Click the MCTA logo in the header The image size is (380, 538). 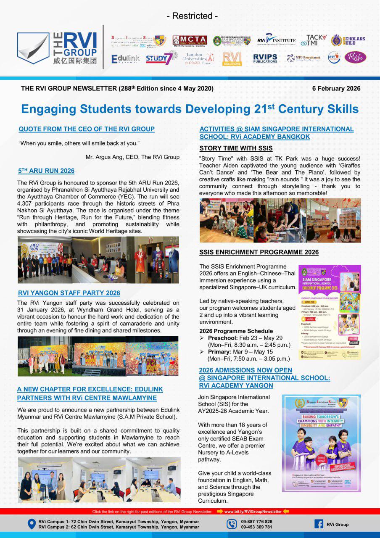tap(190, 40)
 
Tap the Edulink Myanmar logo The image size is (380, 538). tap(125, 59)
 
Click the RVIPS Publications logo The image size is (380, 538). tap(265, 58)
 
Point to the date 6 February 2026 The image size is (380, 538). tap(336, 89)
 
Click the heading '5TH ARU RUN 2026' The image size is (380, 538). tap(46, 171)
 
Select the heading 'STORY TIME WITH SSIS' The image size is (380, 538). tap(236, 148)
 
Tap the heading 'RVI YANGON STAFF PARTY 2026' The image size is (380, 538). tap(69, 293)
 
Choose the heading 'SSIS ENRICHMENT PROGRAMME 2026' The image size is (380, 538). tap(259, 252)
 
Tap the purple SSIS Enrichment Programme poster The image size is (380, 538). tap(330, 312)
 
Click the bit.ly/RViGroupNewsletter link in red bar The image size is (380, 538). tap(253, 512)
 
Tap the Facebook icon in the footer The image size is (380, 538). tap(319, 524)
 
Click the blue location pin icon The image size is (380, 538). tap(31, 524)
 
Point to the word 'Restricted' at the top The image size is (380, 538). tap(193, 16)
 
